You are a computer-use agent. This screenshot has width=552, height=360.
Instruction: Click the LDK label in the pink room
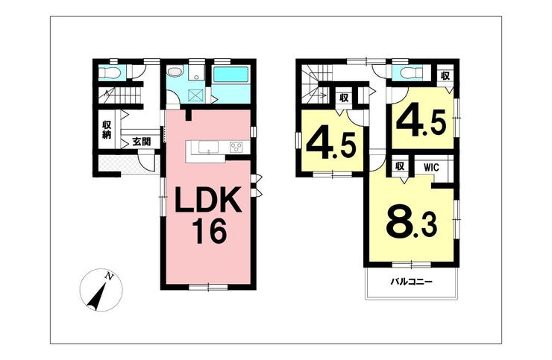(208, 200)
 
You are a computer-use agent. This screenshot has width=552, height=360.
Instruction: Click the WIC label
(431, 168)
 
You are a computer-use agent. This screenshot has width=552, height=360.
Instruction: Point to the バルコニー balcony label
(411, 282)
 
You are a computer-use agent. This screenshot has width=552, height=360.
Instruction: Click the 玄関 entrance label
(142, 142)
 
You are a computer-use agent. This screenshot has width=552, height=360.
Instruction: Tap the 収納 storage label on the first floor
(107, 130)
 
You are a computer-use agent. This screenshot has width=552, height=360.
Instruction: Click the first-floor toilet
(110, 73)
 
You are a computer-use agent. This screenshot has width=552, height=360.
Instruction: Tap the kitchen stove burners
(236, 147)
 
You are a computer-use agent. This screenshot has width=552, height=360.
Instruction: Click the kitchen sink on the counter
(208, 147)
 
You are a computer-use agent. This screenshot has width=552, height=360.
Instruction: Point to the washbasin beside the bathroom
(175, 72)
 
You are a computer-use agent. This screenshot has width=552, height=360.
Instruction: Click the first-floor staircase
(119, 95)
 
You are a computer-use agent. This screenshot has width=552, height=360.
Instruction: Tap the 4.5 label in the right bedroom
(421, 121)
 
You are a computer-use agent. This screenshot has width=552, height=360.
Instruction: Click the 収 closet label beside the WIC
(400, 166)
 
